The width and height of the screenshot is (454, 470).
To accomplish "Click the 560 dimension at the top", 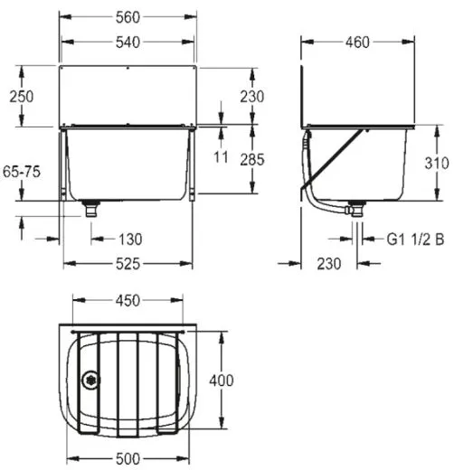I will click(x=128, y=16).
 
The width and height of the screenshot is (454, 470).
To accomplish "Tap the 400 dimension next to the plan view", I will click(x=227, y=381).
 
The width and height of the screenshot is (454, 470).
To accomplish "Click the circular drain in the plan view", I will click(x=89, y=381).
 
